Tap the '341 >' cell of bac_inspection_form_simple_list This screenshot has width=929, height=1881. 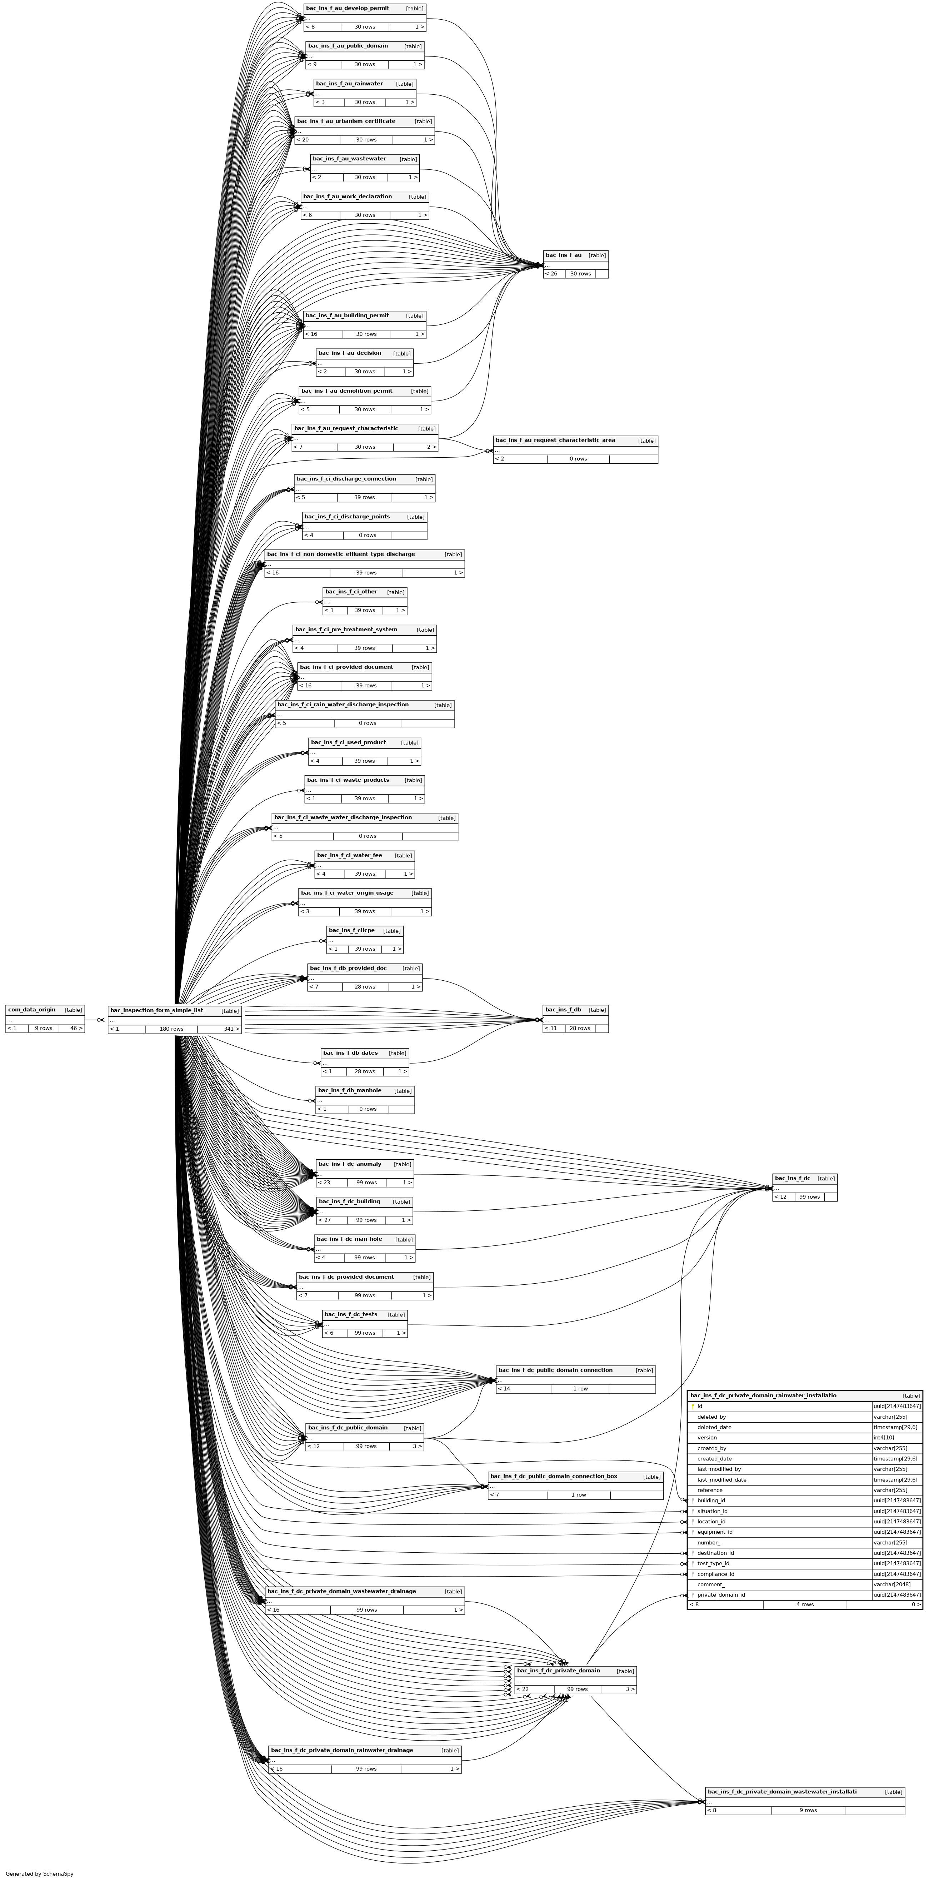219,1029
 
